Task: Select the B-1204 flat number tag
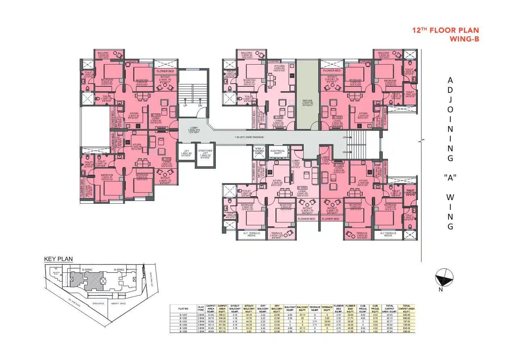pyautogui.click(x=338, y=165)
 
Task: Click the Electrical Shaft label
pyautogui.click(x=277, y=152)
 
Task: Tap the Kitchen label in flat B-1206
pyautogui.click(x=279, y=68)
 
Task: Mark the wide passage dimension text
pyautogui.click(x=249, y=137)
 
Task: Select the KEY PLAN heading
pyautogui.click(x=56, y=259)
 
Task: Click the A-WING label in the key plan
pyautogui.click(x=119, y=269)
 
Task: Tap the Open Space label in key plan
pyautogui.click(x=98, y=303)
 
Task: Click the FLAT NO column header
pyautogui.click(x=184, y=309)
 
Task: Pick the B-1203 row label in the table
pyautogui.click(x=184, y=321)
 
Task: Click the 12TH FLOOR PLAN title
pyautogui.click(x=446, y=31)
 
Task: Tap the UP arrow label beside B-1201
pyautogui.click(x=185, y=105)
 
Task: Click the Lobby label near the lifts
pyautogui.click(x=194, y=130)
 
